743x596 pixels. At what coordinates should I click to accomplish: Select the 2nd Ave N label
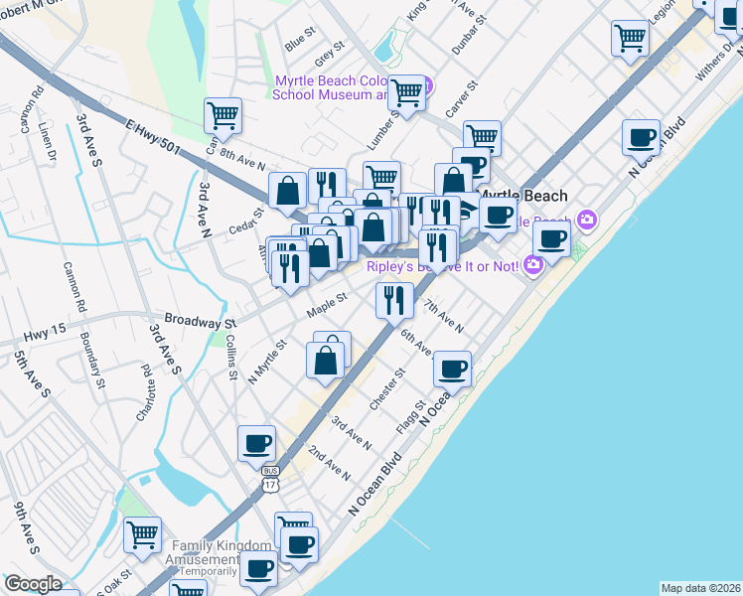(329, 464)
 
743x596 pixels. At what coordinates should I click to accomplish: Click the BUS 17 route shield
(270, 478)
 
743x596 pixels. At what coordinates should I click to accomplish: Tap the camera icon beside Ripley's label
(533, 264)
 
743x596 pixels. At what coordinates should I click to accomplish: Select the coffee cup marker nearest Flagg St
(453, 369)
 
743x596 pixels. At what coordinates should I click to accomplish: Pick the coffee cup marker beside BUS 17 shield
(256, 443)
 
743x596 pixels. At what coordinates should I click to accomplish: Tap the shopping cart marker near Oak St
(142, 534)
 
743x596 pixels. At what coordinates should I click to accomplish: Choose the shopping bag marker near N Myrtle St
(325, 359)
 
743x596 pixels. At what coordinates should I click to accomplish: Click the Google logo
(33, 584)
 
